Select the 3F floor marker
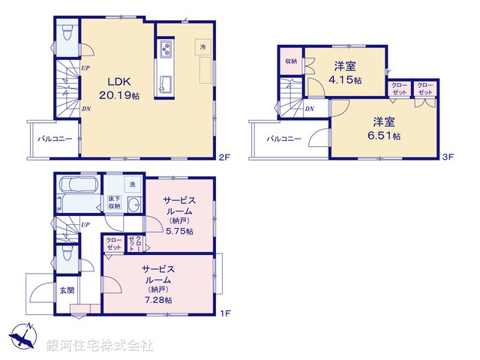tap(448, 157)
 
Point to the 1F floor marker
tap(222, 313)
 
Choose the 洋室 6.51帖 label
tap(385, 129)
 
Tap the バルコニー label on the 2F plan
tap(55, 139)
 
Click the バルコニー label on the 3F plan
tap(283, 139)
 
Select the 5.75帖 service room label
tap(179, 216)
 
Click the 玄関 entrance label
tap(67, 289)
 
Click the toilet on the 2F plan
tap(67, 32)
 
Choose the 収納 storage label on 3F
tap(291, 61)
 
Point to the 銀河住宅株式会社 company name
tap(99, 346)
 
